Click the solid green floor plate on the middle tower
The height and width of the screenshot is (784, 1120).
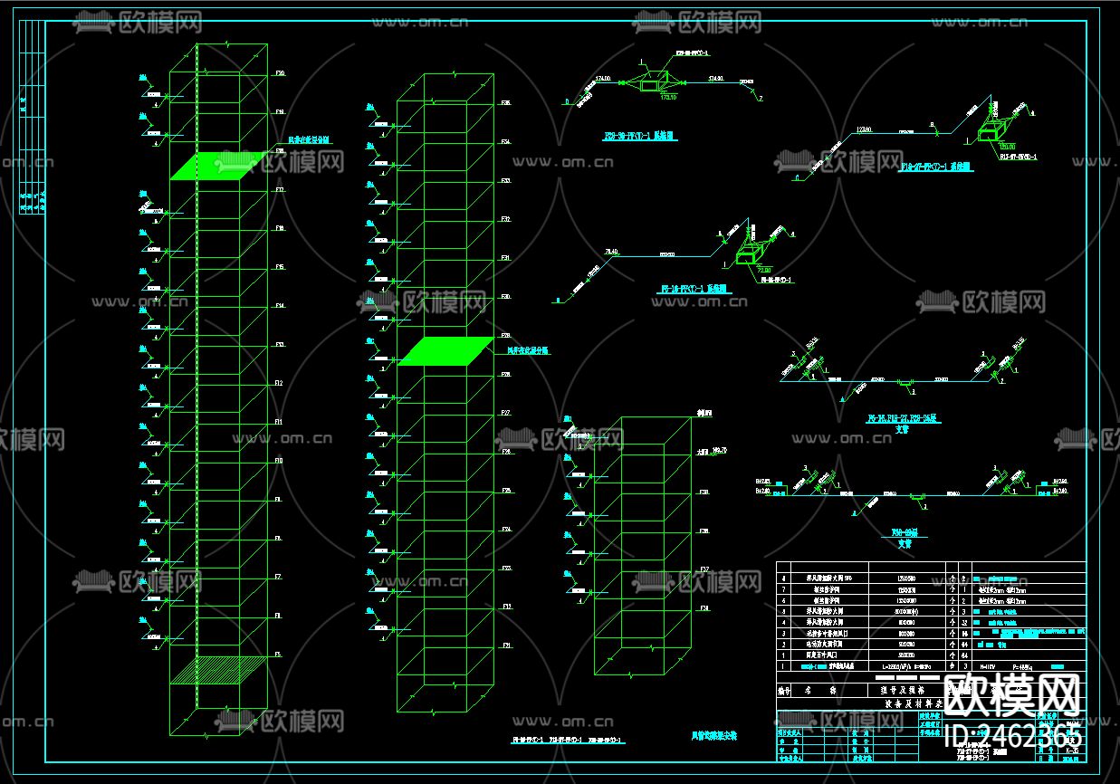click(x=446, y=351)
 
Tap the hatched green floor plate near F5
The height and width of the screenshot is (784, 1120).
click(x=218, y=669)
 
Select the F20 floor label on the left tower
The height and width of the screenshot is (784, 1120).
click(x=280, y=72)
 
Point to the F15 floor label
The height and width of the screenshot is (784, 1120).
click(x=280, y=267)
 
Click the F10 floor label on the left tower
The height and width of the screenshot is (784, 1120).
click(x=280, y=461)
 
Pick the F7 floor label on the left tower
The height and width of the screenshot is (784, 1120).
click(x=279, y=577)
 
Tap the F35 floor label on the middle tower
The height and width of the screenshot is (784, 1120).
click(x=505, y=103)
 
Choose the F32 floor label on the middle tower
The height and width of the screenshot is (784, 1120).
click(x=505, y=219)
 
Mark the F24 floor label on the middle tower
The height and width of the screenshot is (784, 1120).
click(x=505, y=529)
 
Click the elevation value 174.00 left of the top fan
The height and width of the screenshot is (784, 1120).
click(x=604, y=80)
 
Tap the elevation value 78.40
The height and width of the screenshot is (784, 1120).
click(x=611, y=252)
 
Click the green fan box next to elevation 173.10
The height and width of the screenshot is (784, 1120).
click(x=649, y=86)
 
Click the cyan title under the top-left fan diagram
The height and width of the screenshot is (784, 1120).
click(x=639, y=137)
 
